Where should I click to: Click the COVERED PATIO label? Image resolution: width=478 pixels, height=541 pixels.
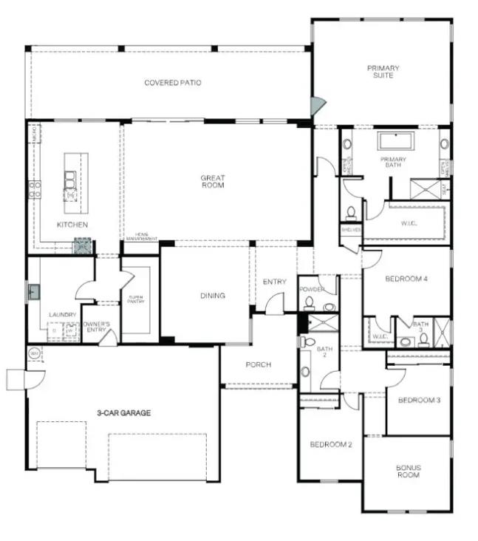172,83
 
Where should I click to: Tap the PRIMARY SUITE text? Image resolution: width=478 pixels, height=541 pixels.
383,72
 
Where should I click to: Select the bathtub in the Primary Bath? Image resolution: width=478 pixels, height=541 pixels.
393,141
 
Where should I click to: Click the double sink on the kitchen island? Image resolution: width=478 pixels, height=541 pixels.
70,180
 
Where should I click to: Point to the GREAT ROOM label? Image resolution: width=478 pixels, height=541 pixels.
212,182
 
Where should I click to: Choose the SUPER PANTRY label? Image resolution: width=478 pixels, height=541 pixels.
136,299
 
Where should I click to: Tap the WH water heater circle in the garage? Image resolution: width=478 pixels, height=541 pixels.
34,354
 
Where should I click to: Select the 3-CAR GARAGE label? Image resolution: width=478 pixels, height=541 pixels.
123,413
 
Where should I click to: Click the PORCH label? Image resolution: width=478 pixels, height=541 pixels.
258,364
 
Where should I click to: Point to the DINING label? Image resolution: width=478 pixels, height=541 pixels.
212,296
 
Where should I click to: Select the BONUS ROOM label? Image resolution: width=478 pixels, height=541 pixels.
408,471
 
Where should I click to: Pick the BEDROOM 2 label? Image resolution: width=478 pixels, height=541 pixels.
330,444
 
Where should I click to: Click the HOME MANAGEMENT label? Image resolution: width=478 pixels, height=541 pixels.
141,237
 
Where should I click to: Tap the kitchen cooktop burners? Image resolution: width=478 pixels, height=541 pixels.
34,189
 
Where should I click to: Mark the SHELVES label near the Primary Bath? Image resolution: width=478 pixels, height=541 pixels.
350,229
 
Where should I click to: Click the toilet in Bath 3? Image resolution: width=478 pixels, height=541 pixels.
423,340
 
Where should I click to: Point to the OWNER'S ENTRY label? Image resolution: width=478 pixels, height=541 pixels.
96,325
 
